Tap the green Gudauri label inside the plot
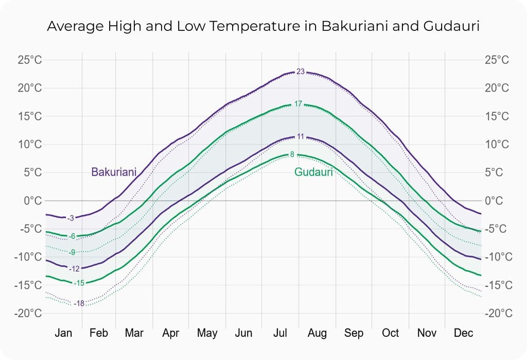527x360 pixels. point(313,172)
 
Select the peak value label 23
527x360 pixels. point(301,72)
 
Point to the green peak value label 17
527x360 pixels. point(298,104)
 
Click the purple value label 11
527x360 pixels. point(301,137)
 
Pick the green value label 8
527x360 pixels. point(292,155)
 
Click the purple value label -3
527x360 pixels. point(71,218)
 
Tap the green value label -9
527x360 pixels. point(72,252)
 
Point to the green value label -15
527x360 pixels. point(79,283)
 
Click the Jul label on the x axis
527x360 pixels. point(280,334)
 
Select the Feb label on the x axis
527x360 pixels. point(98,334)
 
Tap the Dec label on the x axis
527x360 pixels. point(463,334)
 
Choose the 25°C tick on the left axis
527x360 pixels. point(30,60)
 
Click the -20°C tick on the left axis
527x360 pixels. point(28,313)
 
